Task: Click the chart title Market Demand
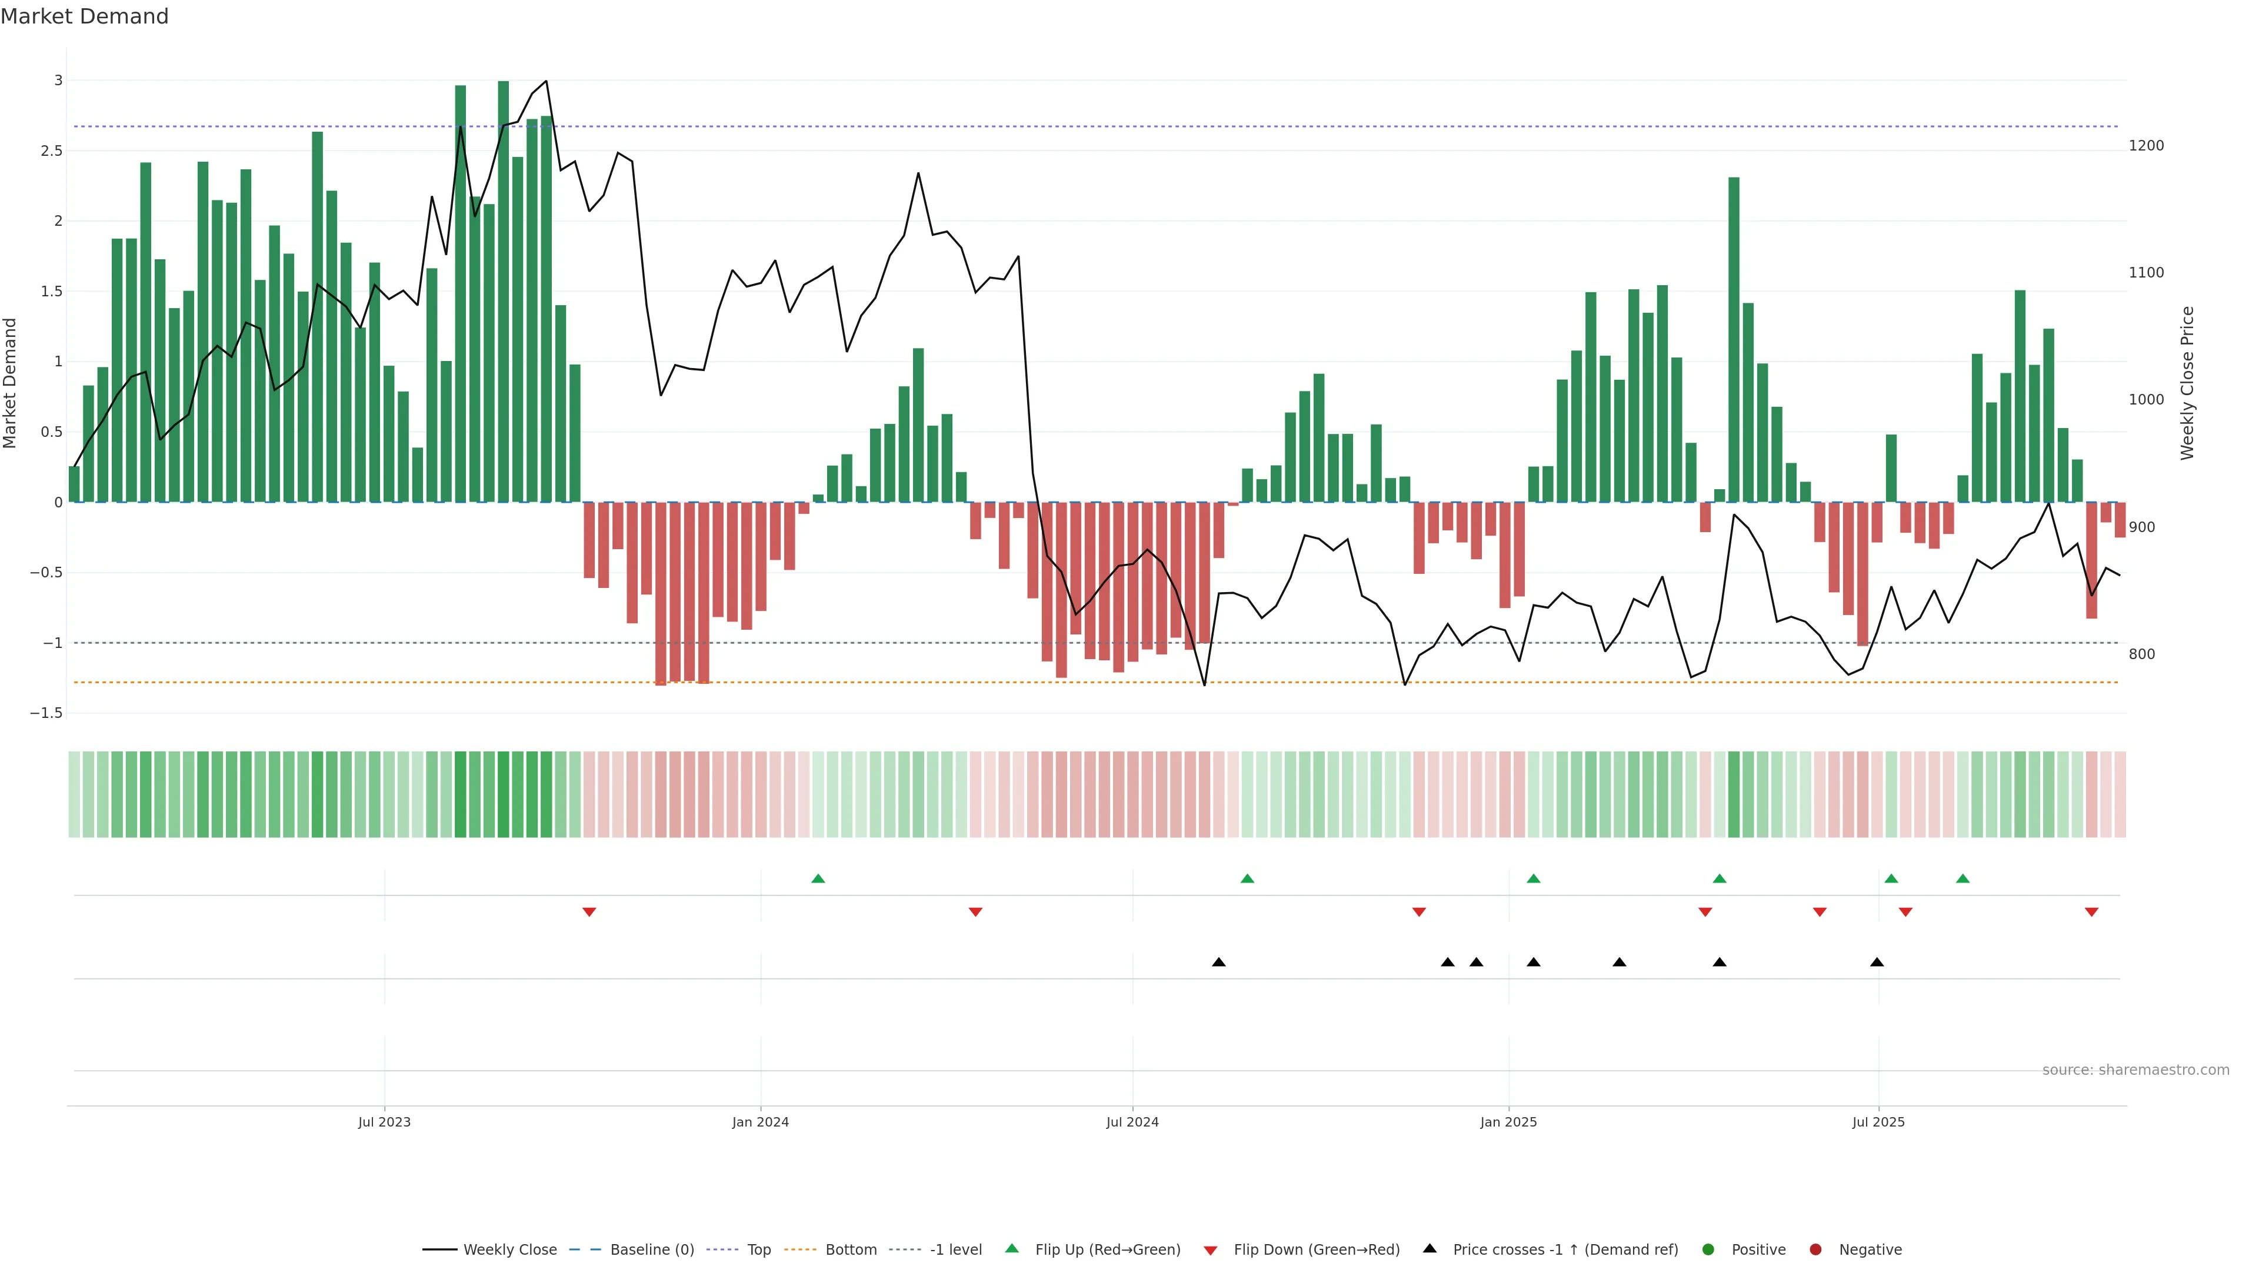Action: (84, 16)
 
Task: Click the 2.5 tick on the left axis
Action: (52, 151)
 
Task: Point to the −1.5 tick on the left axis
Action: (46, 713)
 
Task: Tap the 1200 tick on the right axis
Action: (2146, 145)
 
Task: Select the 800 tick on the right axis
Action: (2141, 654)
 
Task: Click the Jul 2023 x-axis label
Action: (384, 1122)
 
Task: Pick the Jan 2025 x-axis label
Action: (1508, 1122)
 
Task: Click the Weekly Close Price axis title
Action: (2187, 383)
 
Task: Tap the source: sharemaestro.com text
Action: (2135, 1070)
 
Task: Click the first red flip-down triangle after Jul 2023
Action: (589, 913)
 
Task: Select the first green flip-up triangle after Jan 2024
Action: (818, 878)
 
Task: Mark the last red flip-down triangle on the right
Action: (2091, 913)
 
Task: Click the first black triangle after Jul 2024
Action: (1219, 962)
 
